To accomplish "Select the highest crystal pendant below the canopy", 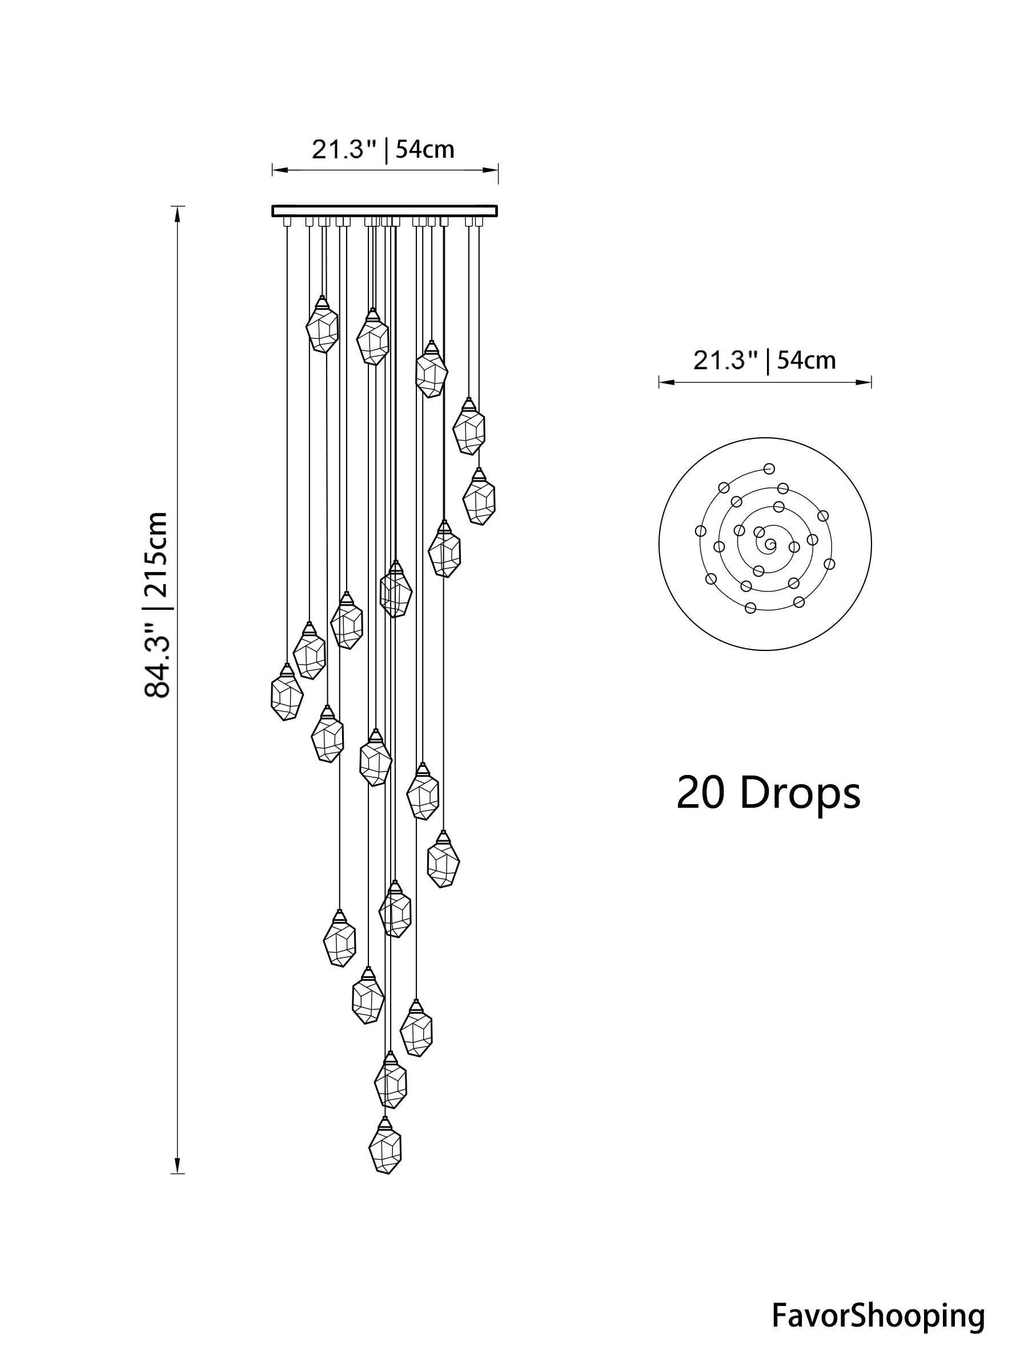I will click(322, 326).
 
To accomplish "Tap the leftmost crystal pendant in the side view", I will click(286, 694).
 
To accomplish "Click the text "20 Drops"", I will click(768, 793).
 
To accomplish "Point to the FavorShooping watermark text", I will click(878, 1312).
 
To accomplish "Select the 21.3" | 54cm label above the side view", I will click(383, 149).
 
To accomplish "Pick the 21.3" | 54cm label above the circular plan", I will click(764, 360).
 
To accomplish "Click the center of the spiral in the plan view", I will click(770, 543).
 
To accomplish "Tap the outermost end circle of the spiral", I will click(770, 468).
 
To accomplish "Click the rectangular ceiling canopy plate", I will click(384, 211).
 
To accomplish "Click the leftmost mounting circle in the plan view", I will click(700, 531).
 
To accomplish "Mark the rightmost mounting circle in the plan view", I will click(829, 564).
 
